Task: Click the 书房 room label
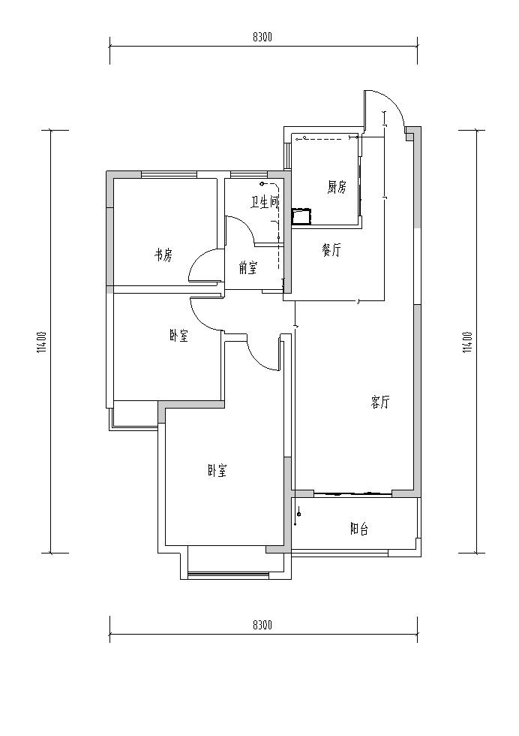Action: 163,256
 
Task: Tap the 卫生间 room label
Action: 265,202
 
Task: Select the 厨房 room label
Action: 337,188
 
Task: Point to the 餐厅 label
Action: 331,251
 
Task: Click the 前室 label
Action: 247,269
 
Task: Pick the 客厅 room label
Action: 379,403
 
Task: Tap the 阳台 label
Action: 359,529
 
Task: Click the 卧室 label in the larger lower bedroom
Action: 217,471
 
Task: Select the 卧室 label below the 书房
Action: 178,336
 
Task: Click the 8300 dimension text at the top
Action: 262,38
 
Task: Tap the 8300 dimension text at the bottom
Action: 262,625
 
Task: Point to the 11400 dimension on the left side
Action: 43,342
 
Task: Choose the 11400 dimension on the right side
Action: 466,342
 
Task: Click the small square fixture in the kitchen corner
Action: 301,216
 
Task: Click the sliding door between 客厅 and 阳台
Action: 352,494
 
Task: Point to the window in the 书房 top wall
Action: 169,174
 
